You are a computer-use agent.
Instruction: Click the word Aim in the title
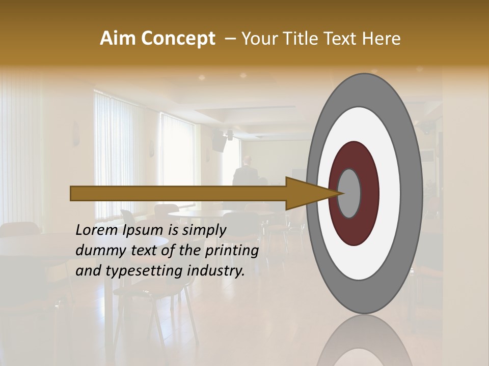(x=118, y=39)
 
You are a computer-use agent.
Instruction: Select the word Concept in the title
(x=178, y=39)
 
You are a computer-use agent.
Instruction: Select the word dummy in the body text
(x=97, y=251)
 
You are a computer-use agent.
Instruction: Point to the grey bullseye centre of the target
(x=349, y=193)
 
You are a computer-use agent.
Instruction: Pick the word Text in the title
(x=342, y=39)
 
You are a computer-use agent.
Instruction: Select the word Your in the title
(x=258, y=39)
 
